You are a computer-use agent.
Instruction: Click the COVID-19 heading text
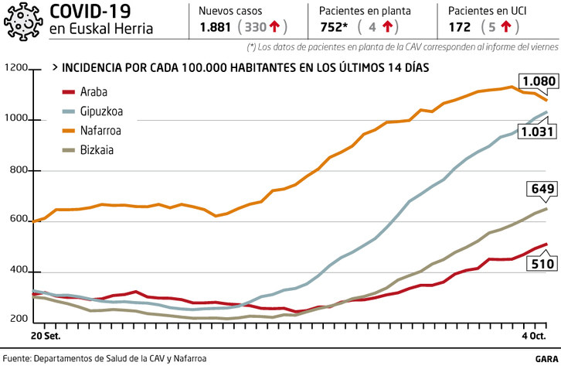tap(90, 11)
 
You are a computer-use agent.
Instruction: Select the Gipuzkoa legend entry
tap(101, 111)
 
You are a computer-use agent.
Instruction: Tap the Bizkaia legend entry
tap(97, 150)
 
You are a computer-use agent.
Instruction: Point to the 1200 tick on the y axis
tap(15, 70)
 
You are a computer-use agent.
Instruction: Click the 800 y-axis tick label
tap(19, 171)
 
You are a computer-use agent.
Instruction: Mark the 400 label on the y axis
tap(19, 272)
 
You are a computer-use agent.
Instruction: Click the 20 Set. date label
tap(46, 336)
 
